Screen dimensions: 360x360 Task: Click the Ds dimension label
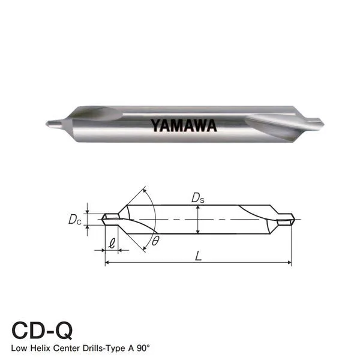click(x=197, y=197)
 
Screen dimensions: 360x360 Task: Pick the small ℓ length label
click(x=112, y=244)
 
